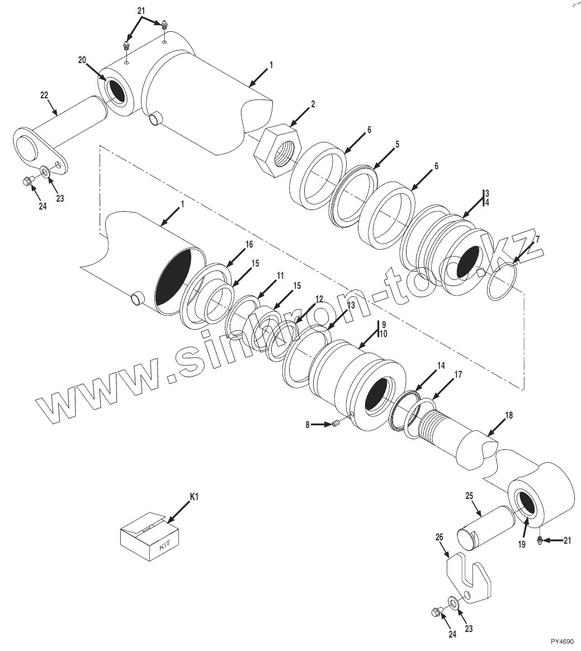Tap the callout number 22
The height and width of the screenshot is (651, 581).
45,96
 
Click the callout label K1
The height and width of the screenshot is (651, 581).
194,496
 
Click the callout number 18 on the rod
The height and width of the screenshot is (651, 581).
508,415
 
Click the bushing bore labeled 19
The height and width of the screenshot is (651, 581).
527,505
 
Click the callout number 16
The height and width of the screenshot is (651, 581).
249,244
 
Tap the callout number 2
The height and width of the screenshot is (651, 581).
313,104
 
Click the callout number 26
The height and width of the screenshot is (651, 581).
439,537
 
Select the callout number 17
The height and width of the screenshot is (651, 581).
457,376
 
